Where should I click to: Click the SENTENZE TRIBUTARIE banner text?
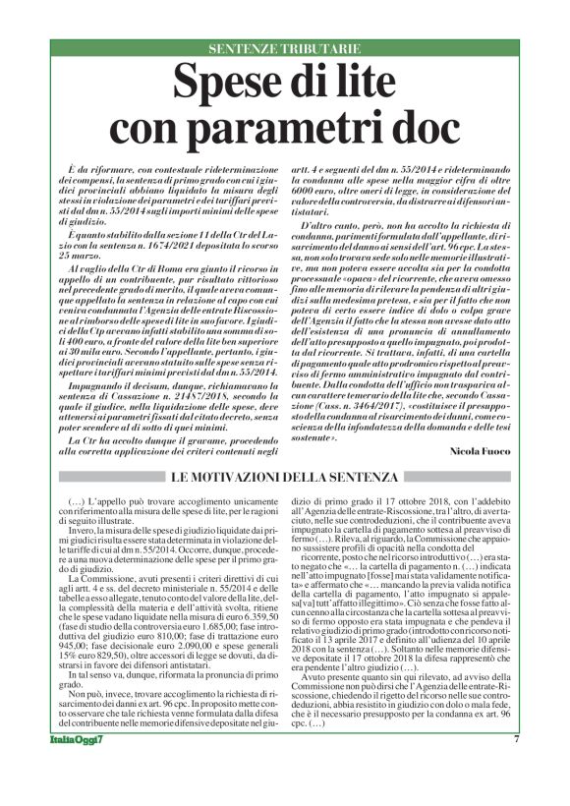[284, 49]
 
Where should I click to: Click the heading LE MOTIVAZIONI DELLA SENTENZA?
[284, 478]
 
